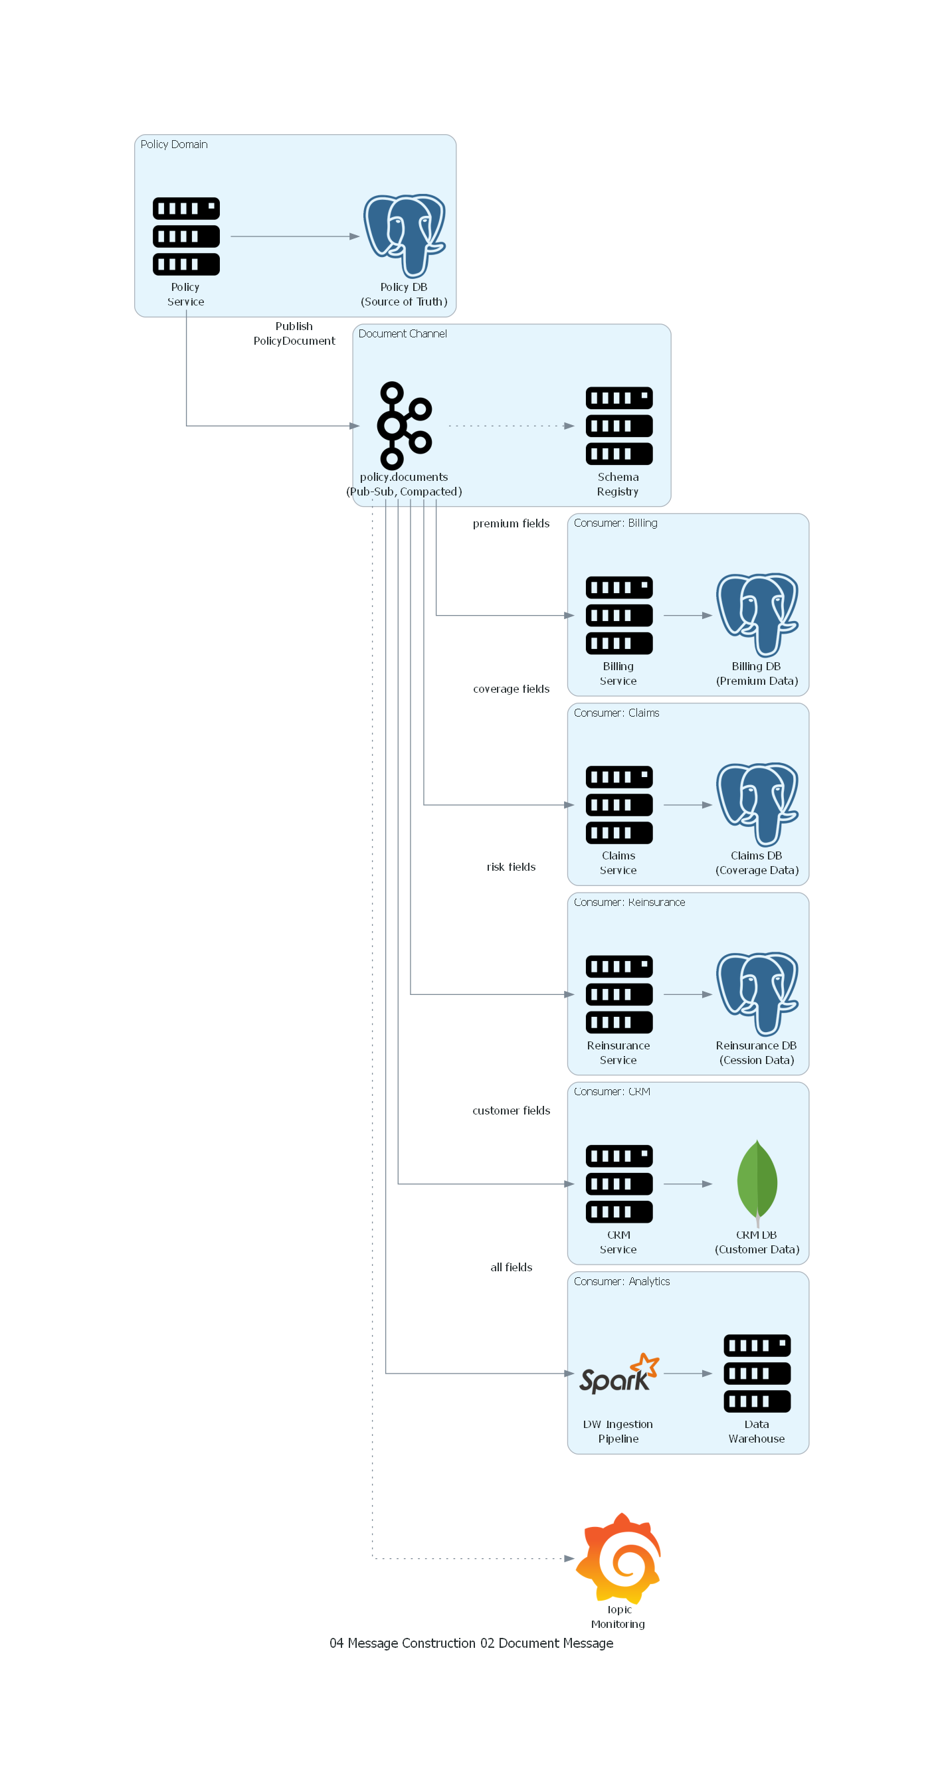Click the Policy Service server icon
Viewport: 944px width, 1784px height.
click(185, 236)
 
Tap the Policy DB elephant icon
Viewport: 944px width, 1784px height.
click(405, 236)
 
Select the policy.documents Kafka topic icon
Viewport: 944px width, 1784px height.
click(405, 425)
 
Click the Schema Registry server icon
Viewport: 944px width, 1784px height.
click(618, 425)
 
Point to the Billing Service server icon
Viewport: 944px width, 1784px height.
click(618, 615)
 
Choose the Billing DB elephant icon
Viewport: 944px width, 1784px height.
click(757, 615)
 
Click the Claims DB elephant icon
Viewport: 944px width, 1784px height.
click(757, 804)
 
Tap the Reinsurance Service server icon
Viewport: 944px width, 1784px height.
click(618, 994)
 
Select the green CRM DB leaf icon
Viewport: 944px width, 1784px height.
click(757, 1183)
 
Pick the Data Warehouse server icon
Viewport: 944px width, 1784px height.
click(757, 1373)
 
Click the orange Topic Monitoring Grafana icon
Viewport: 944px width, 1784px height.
click(618, 1558)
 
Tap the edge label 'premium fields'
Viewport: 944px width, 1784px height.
click(511, 523)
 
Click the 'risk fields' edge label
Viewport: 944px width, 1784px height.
click(511, 867)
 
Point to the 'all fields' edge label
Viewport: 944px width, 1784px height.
click(511, 1267)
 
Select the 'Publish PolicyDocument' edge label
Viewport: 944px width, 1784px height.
click(294, 333)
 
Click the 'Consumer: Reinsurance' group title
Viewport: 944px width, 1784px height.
click(629, 902)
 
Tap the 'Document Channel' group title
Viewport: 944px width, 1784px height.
click(403, 334)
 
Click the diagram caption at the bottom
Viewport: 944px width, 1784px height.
click(471, 1643)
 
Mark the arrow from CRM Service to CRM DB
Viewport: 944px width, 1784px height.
click(687, 1184)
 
